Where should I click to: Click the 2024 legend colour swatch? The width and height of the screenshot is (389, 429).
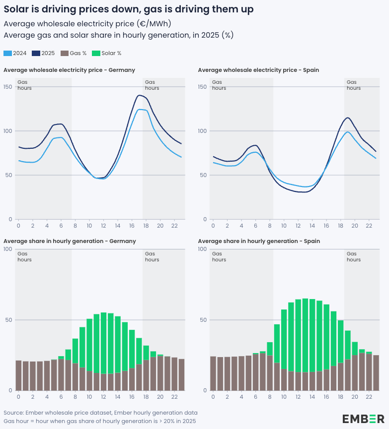tap(7, 53)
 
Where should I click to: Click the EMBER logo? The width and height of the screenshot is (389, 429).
tap(363, 419)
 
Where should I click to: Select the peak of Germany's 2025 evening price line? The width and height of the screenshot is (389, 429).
tap(139, 95)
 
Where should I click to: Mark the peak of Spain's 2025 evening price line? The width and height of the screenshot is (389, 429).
tap(347, 118)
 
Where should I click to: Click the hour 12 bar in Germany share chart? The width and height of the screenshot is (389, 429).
tap(104, 350)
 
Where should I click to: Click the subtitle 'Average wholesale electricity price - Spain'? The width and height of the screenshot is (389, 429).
tap(258, 70)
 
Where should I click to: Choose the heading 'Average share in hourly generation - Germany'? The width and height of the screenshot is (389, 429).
tap(70, 241)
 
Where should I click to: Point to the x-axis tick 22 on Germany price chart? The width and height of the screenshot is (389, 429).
tap(174, 226)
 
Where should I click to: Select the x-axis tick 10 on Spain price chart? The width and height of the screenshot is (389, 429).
tap(284, 226)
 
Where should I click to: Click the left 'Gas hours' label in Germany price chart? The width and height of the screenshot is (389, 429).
tap(24, 85)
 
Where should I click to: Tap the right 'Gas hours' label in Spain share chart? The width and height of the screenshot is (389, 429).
tap(353, 256)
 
